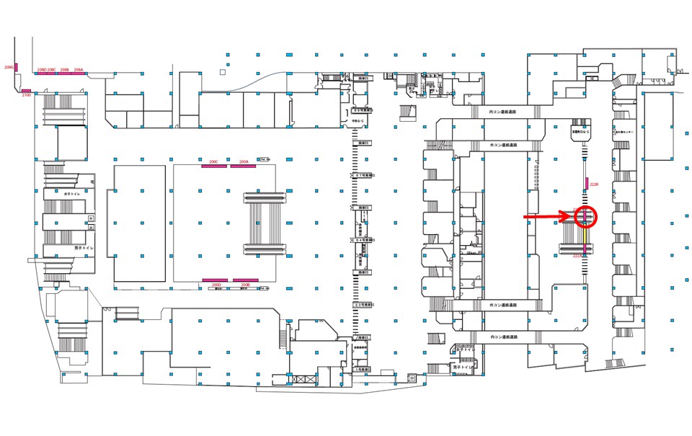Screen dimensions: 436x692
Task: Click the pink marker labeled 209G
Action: [x=17, y=68]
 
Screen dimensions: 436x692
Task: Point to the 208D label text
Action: [x=41, y=70]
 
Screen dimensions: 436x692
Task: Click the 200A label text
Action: [x=243, y=161]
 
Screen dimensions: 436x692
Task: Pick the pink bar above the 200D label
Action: [x=215, y=280]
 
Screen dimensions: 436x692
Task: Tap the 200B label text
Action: [x=245, y=284]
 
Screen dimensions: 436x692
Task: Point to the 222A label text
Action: [x=578, y=255]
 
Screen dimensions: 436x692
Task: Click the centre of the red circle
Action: [x=587, y=215]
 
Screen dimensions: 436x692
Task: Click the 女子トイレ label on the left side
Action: [x=74, y=194]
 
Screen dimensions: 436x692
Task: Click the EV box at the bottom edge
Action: [x=412, y=377]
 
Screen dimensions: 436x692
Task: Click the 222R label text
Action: [x=594, y=185]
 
